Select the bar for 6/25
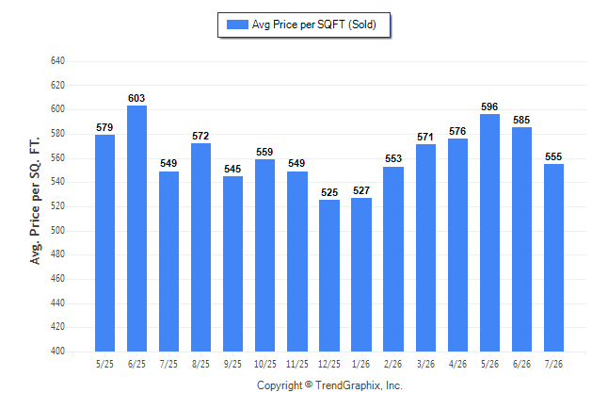(136, 228)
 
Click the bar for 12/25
(329, 276)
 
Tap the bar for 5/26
(489, 233)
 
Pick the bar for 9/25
(233, 264)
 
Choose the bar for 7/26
(553, 257)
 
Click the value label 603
(136, 98)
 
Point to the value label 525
(329, 192)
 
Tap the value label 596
(489, 106)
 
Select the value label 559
(264, 152)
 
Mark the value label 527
(361, 190)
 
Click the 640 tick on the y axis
(57, 61)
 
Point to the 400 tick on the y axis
(57, 351)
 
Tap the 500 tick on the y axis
(57, 230)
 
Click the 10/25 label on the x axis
(265, 364)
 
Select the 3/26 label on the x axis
(425, 364)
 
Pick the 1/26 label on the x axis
(361, 364)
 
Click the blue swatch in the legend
(237, 25)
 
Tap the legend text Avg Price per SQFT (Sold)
(314, 25)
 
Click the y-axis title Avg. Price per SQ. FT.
(35, 201)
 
